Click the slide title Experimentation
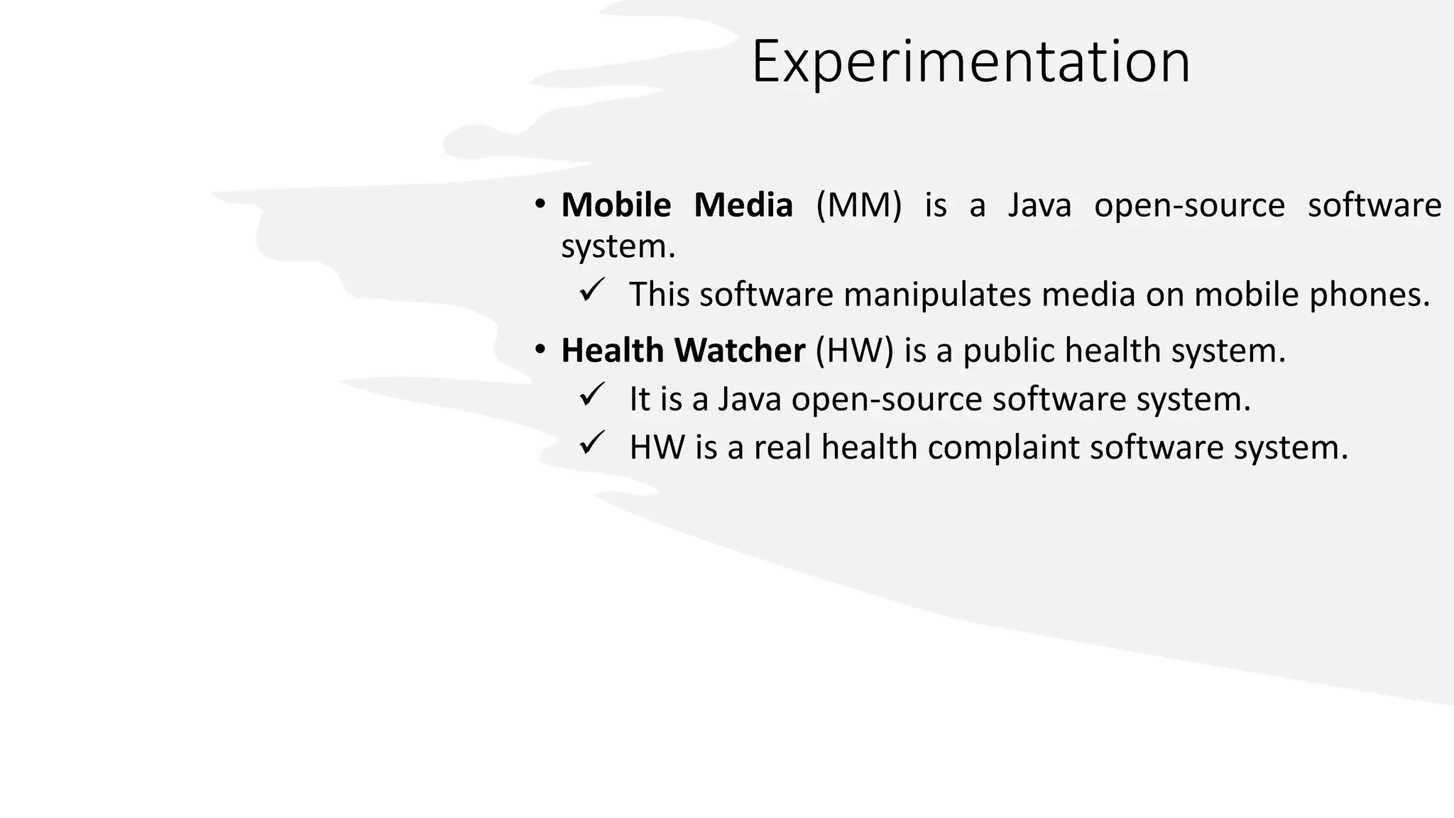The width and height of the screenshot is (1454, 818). point(971,62)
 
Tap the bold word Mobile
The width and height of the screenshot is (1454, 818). point(616,205)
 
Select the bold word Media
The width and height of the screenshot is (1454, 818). point(743,205)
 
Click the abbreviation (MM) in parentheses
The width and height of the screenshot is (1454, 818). point(858,205)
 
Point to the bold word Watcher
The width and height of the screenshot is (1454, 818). point(739,350)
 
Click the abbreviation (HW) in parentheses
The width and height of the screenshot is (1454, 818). point(854,350)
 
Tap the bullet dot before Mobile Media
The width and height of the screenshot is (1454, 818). point(541,205)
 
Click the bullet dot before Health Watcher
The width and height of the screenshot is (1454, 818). point(541,350)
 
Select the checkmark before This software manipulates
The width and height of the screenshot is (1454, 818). point(591,291)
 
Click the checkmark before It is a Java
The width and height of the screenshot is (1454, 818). point(591,396)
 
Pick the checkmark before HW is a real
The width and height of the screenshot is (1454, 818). point(591,444)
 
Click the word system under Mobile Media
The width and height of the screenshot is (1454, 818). point(618,247)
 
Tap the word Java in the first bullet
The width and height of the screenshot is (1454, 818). point(1039,205)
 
